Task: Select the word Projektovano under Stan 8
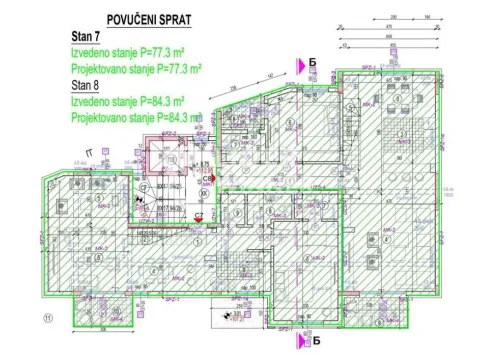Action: tap(100, 117)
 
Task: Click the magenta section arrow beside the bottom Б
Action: tap(298, 339)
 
